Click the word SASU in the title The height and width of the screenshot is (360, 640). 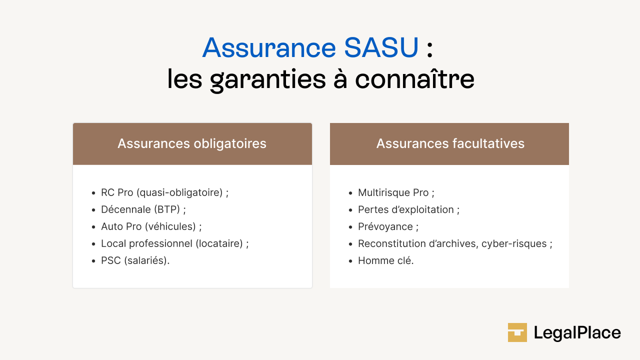[x=381, y=48]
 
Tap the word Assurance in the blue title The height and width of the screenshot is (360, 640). [x=269, y=48]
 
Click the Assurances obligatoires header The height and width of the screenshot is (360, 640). [x=192, y=144]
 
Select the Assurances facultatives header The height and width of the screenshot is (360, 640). [x=450, y=144]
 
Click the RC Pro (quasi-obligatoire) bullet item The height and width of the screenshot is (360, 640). [x=164, y=192]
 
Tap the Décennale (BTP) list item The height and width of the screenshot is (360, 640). [x=143, y=209]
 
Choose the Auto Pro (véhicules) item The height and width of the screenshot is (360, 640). [x=151, y=226]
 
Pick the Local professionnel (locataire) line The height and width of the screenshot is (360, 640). [x=174, y=243]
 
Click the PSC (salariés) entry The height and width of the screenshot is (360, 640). [x=135, y=260]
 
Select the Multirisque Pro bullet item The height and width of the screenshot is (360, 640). [x=396, y=192]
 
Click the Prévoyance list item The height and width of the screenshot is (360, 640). [x=388, y=226]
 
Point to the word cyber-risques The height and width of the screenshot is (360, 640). [x=514, y=243]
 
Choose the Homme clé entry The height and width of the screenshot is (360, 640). [x=385, y=260]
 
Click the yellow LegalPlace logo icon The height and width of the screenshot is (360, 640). [x=517, y=332]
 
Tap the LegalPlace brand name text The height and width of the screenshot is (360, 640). [x=577, y=332]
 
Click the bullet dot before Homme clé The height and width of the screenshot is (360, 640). [x=350, y=261]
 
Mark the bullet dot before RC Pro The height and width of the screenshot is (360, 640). [x=93, y=193]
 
